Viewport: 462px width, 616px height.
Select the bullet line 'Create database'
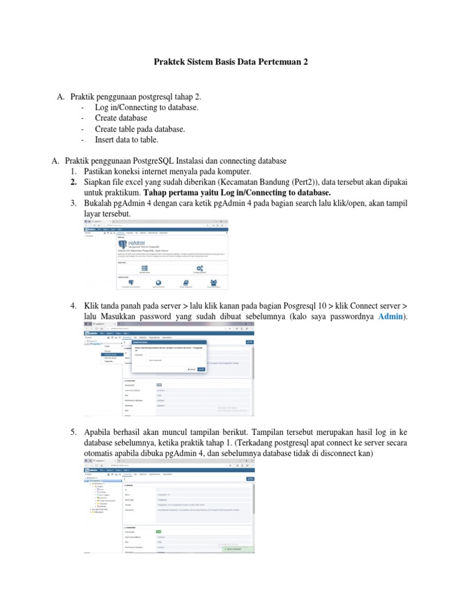coord(121,118)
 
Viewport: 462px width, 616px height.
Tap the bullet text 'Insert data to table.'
coord(126,140)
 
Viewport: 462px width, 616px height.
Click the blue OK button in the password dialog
coord(201,369)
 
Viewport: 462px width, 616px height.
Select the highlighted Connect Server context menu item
coord(110,354)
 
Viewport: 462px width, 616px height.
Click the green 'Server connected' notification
coord(237,549)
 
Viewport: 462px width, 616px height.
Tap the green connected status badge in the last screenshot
coord(159,531)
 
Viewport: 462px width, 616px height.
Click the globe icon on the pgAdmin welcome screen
coord(158,282)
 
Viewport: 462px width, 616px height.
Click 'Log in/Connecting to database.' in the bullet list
coord(146,107)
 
